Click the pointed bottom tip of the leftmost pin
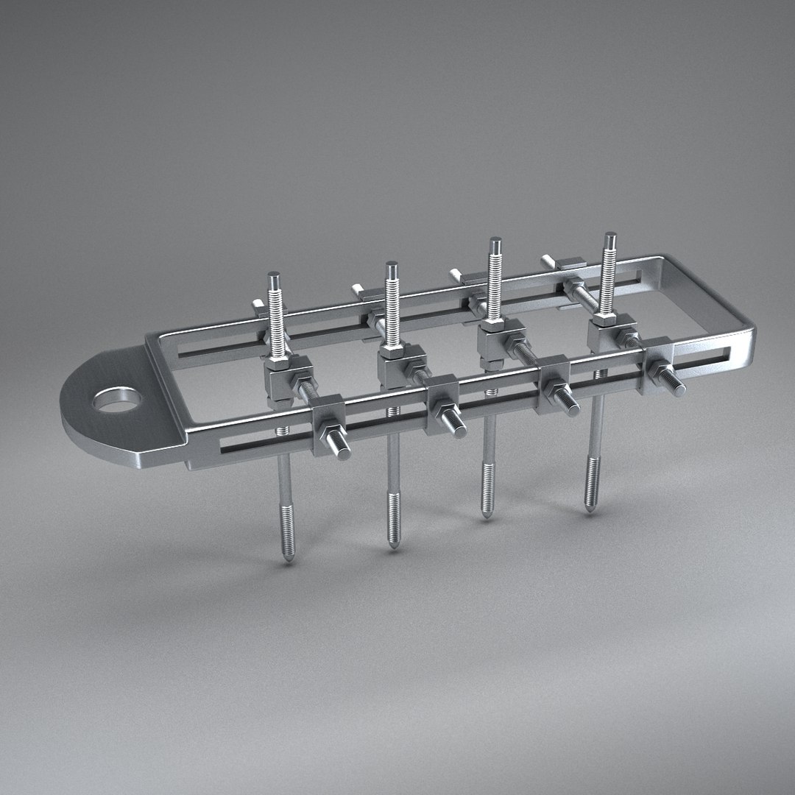pyautogui.click(x=288, y=559)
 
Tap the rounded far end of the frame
pyautogui.click(x=743, y=324)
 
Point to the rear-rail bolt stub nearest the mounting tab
pyautogui.click(x=258, y=303)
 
